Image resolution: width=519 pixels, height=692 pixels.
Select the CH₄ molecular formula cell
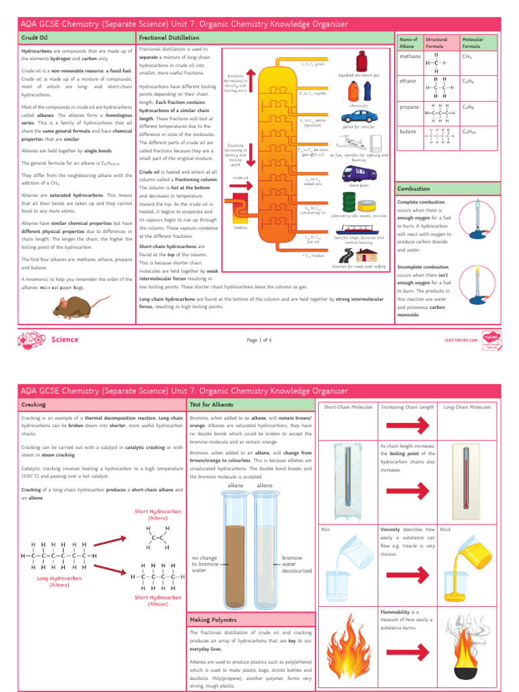(467, 57)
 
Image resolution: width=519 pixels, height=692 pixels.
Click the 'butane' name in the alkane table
(407, 130)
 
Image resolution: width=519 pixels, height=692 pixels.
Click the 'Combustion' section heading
(414, 189)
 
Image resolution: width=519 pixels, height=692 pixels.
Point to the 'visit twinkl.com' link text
(461, 339)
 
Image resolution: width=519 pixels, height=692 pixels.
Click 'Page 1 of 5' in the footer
(259, 339)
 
